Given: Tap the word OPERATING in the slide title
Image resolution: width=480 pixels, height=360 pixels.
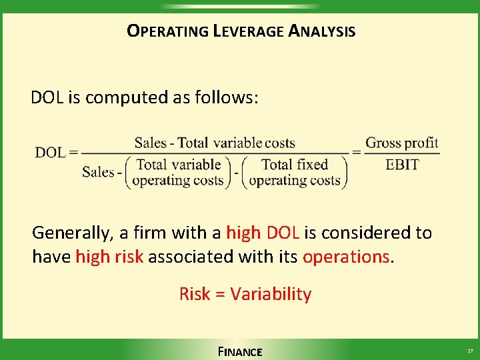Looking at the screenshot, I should click(167, 31).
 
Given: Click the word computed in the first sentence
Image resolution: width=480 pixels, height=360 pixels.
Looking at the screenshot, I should click(118, 97).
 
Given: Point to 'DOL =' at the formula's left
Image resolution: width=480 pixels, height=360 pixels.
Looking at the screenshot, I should click(56, 152).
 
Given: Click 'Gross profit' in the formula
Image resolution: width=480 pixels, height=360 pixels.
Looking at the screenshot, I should click(402, 142).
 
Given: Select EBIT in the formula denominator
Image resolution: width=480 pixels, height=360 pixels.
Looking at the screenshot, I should click(402, 164).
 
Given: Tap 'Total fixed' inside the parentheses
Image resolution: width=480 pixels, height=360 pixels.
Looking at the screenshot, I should click(295, 164).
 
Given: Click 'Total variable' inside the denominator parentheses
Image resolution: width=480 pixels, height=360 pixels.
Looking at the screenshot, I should click(177, 164).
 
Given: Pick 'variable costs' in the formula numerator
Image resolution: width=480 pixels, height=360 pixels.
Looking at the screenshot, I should click(254, 143).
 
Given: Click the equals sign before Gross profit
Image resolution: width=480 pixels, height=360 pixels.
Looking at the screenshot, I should click(357, 152).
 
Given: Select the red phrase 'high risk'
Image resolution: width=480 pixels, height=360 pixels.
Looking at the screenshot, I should click(109, 257).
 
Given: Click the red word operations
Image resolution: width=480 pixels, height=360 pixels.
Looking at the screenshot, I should click(346, 257).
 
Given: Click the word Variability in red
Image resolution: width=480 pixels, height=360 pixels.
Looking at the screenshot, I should click(271, 294).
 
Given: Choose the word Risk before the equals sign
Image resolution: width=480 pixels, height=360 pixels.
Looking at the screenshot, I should click(195, 294).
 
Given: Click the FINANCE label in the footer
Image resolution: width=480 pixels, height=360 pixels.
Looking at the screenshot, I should click(240, 351).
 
